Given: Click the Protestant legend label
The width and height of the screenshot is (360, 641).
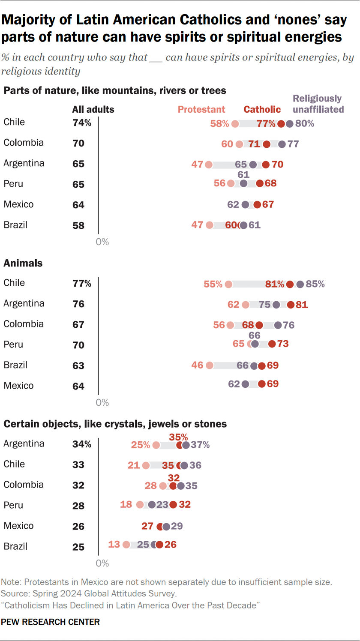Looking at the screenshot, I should point(201,110).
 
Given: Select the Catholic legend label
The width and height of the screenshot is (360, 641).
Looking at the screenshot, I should point(262,110).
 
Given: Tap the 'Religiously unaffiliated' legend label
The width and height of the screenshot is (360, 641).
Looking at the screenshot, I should point(318,104).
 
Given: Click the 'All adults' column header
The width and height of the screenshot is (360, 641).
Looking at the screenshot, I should point(93,110).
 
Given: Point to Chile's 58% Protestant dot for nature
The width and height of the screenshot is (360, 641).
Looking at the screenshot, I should point(235,124).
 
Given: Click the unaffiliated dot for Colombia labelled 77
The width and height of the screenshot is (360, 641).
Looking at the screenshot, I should point(282,144).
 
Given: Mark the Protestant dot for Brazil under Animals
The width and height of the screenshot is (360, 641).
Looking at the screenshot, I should point(209,365).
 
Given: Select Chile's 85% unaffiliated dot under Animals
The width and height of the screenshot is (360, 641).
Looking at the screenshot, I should point(300,284).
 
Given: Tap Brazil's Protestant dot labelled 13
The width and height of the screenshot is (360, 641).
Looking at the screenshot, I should point(126,545).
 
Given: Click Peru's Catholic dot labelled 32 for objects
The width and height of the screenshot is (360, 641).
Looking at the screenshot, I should point(173,505).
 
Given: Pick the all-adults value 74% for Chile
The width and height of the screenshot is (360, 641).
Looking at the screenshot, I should point(82,123).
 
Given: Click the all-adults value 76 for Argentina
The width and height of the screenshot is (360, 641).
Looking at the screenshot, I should point(78,304).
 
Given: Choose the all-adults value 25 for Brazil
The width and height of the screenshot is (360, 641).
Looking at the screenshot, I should point(78,547).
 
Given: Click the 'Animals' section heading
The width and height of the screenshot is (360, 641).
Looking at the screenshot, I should point(23,264).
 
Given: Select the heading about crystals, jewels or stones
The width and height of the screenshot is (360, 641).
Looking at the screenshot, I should point(115,424).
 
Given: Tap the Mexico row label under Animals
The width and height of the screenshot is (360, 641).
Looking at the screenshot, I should point(18,386).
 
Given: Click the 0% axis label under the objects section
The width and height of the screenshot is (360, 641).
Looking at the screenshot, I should point(102,563).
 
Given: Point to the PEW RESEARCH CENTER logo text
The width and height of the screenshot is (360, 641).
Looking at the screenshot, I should point(51,622).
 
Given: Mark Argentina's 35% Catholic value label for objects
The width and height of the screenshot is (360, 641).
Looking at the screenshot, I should point(179,437).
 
